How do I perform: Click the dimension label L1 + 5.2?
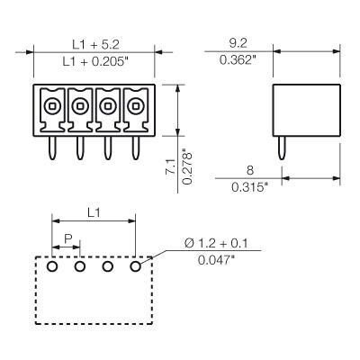pos(93,42)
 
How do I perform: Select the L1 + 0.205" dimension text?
pos(93,59)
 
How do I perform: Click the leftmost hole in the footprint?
pos(52,265)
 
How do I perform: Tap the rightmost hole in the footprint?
pos(136,265)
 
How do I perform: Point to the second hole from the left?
pos(80,265)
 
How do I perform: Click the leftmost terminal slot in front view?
pos(52,106)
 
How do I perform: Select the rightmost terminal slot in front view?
pos(136,106)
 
